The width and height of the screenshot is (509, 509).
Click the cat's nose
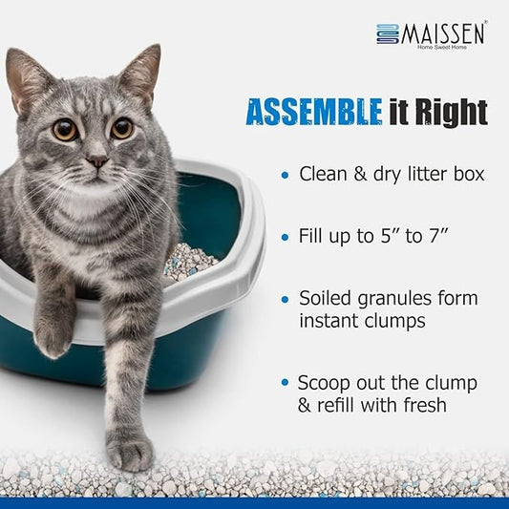point(97,160)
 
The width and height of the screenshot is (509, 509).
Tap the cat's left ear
point(27,77)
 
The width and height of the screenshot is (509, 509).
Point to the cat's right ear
point(143,73)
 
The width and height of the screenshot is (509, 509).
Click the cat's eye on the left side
point(65,130)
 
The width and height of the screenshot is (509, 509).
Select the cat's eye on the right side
point(122,128)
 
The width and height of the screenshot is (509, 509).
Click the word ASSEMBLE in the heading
point(314,113)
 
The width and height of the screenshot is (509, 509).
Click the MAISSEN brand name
point(442,33)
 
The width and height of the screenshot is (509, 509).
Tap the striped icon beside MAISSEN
point(388,33)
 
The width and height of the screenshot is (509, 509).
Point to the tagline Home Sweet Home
point(442,48)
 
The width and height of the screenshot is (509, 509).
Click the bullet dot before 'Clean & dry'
point(285,176)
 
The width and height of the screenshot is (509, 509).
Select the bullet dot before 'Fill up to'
point(285,237)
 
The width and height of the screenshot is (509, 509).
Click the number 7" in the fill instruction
point(439,236)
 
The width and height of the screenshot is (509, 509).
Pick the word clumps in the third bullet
point(394,322)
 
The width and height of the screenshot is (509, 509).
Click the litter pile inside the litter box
point(190,262)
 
